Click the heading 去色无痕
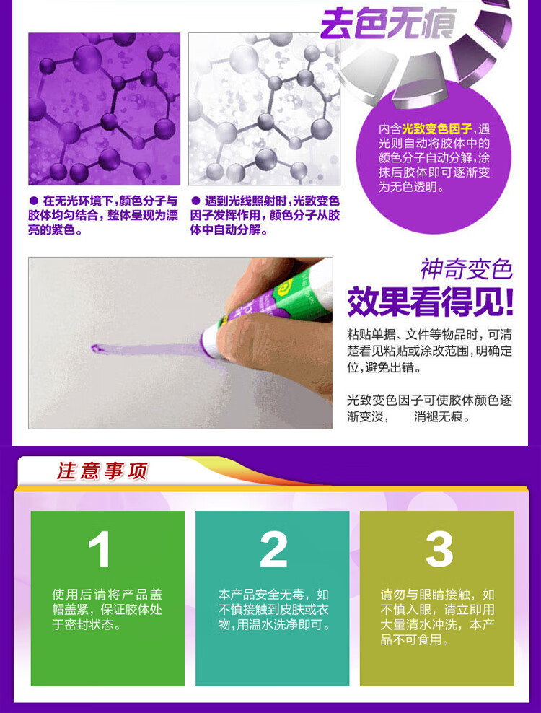point(388,23)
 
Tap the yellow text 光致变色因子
point(436,129)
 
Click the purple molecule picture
point(104,109)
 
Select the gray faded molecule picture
point(264,109)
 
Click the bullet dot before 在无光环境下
point(34,200)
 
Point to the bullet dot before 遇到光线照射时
point(195,200)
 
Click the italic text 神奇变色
point(467,269)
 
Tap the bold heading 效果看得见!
point(430,302)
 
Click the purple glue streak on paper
point(146,349)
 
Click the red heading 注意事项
point(102,471)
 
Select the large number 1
point(100,549)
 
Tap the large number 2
point(273,549)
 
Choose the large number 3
point(439,549)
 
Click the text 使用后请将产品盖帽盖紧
point(107,602)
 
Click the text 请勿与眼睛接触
point(425,595)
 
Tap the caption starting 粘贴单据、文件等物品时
point(430,351)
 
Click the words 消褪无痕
point(441,416)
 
